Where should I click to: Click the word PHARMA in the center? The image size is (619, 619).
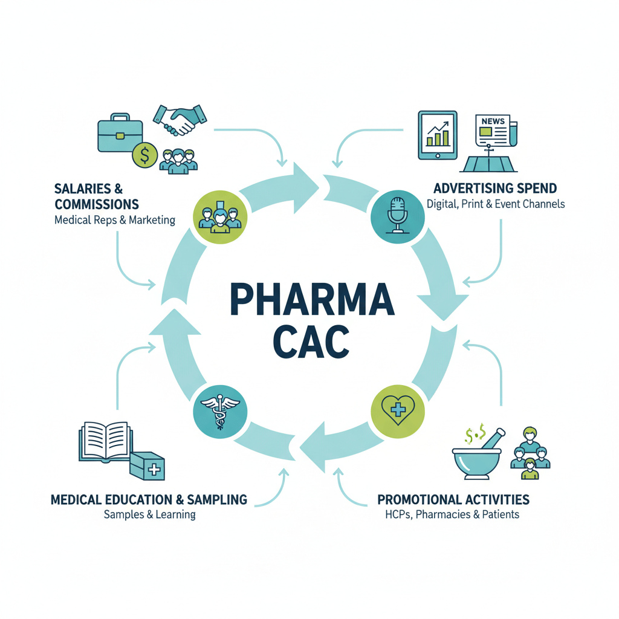(313, 299)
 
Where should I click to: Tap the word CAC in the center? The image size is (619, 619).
(311, 342)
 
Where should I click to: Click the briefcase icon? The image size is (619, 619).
(120, 132)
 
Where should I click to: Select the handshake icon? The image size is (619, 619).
(180, 120)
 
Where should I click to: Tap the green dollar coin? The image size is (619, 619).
(145, 155)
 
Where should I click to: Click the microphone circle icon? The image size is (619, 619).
(398, 217)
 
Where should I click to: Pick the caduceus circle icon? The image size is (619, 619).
(220, 411)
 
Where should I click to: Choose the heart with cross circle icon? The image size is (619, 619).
(398, 411)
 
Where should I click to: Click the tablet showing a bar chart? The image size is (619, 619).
(438, 135)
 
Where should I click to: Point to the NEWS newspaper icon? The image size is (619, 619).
(496, 131)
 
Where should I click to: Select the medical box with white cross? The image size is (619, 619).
(147, 466)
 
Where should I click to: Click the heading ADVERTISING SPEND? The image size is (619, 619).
(495, 189)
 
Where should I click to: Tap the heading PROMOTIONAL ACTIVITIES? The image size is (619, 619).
(453, 500)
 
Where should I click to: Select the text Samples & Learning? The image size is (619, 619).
(150, 515)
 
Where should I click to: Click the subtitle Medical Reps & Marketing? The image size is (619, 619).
(115, 220)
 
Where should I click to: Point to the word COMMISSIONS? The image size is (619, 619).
(97, 204)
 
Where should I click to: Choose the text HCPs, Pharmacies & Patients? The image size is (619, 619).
(452, 514)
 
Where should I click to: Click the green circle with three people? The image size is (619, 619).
(220, 217)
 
